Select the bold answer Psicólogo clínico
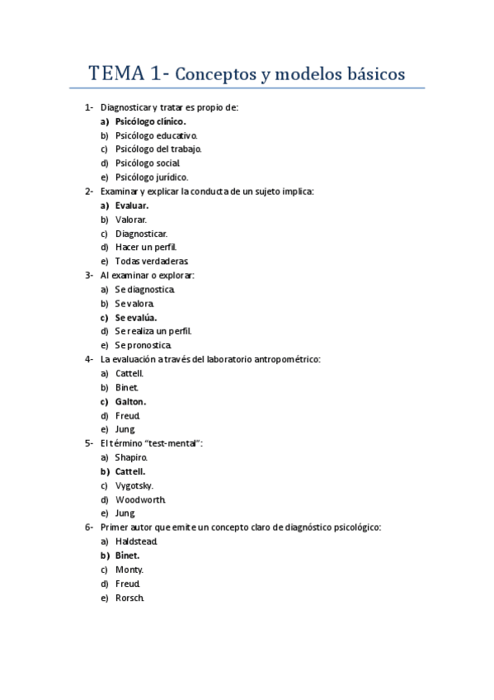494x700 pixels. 150,121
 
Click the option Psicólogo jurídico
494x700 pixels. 152,177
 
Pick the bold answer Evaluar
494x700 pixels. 132,205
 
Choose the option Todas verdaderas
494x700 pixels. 147,261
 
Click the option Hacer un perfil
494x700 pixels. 146,247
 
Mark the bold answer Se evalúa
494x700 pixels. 136,317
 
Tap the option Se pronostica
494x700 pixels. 143,345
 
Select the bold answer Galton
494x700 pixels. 131,401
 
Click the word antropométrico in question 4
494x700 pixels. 285,359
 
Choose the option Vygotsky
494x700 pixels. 134,485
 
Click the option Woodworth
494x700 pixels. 141,499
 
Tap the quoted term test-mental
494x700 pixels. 173,443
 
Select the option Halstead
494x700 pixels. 137,541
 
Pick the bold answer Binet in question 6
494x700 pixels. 128,556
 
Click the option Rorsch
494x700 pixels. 130,598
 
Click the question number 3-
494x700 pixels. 88,275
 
